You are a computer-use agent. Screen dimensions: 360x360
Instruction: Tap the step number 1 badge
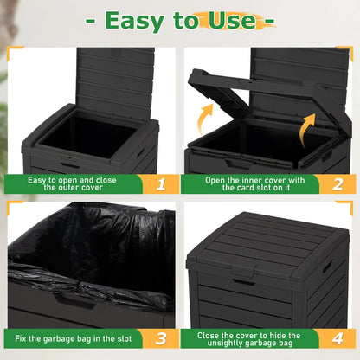(x=160, y=183)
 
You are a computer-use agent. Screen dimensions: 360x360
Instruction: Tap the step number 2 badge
(x=338, y=183)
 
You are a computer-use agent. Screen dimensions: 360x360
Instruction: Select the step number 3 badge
(x=160, y=338)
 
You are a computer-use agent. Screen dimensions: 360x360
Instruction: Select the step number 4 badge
(x=338, y=338)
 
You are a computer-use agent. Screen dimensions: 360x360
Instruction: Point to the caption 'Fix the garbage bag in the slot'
(x=74, y=338)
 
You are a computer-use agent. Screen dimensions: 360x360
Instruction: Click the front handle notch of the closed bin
(x=244, y=281)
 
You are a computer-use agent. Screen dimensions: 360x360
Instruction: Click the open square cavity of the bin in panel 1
(x=87, y=136)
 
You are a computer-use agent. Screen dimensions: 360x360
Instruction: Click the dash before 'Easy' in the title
(x=93, y=20)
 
